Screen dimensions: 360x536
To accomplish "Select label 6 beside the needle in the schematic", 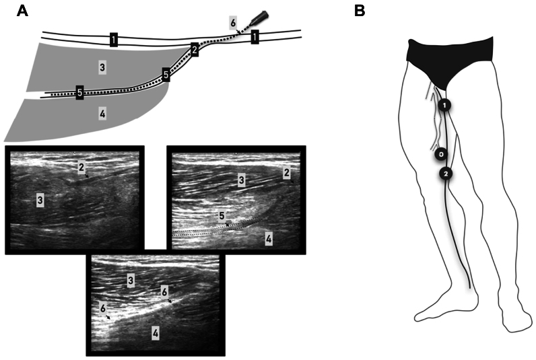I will click(x=232, y=22).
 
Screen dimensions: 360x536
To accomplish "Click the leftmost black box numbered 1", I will click(x=114, y=40).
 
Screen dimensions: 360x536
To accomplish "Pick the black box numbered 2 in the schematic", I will click(x=195, y=49).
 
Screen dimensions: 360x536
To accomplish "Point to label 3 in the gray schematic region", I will click(x=102, y=67).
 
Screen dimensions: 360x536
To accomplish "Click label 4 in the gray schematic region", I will click(x=102, y=114).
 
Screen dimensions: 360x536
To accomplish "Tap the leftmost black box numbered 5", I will click(x=79, y=93).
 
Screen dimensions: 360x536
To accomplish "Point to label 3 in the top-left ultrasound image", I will click(x=40, y=201).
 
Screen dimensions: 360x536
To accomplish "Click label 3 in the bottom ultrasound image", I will click(x=130, y=279).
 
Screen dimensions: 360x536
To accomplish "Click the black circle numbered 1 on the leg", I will click(x=444, y=105).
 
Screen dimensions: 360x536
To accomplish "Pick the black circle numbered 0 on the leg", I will click(x=440, y=154).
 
